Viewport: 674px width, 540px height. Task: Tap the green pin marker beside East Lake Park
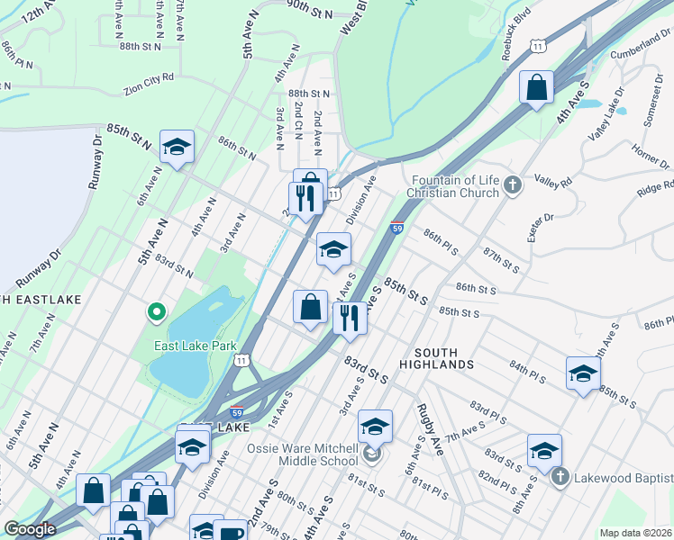(156, 312)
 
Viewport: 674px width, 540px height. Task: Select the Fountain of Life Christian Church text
(452, 186)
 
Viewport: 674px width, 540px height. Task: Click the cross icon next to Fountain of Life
(513, 186)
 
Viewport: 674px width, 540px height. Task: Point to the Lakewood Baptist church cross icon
(559, 476)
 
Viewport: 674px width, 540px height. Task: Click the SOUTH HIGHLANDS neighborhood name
(443, 358)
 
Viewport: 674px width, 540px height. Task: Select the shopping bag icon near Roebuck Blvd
(536, 88)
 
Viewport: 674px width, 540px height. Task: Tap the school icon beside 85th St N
(177, 148)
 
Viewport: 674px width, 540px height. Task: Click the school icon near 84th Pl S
(583, 373)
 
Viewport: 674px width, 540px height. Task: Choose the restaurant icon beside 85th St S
(350, 318)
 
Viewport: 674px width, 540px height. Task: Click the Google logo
(30, 529)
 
